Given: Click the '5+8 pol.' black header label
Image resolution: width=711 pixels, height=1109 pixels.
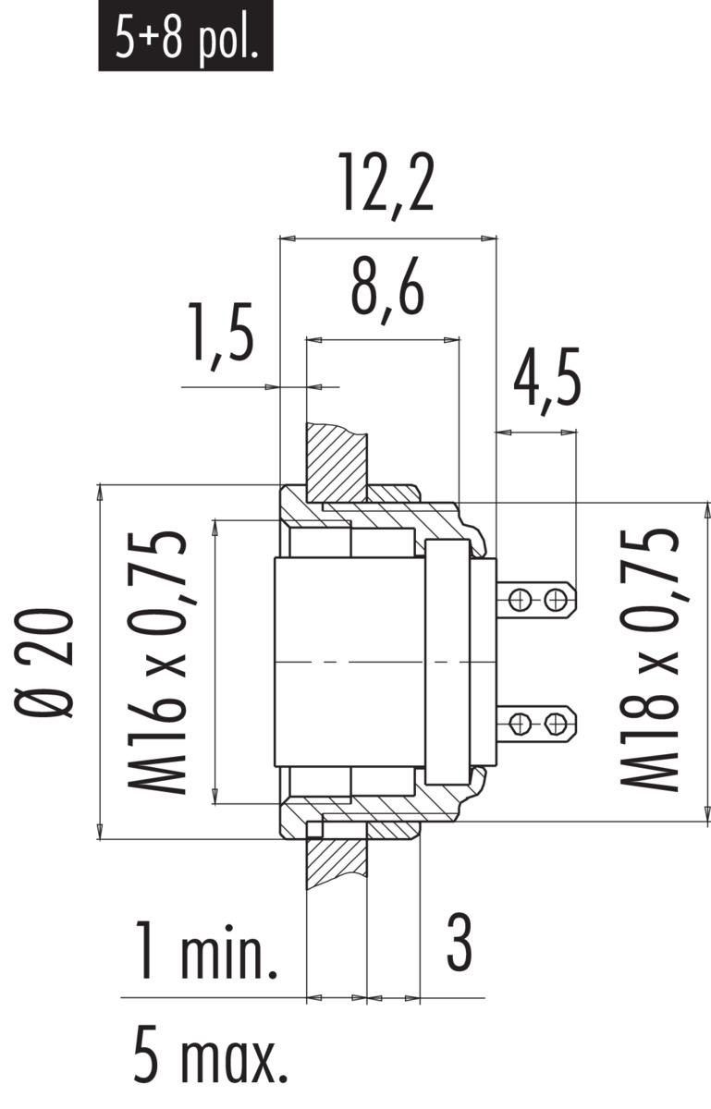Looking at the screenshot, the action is tap(186, 36).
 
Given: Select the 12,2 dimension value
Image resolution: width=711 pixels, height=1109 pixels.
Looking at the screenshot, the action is tap(386, 185).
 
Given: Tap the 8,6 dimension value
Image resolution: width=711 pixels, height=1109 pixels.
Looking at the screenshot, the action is tap(387, 290).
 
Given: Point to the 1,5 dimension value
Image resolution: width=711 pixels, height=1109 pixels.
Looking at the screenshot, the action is tap(220, 336).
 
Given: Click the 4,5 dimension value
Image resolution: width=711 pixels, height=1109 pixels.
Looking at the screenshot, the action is tap(546, 382).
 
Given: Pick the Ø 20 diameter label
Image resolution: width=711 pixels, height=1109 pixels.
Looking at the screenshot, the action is tap(44, 664).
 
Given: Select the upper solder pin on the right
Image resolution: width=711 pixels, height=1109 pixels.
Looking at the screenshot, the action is tap(536, 601).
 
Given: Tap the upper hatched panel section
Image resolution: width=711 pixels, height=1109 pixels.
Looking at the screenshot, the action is tap(337, 462).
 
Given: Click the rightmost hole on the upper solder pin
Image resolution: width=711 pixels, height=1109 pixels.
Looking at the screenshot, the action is tap(556, 601).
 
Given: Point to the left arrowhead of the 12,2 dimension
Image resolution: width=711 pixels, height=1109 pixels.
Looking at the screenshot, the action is tap(288, 238).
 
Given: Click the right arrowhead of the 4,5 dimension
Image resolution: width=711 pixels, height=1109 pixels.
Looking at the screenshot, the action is tap(569, 433).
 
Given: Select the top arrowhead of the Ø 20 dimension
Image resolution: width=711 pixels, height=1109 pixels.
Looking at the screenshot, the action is tap(100, 494).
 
